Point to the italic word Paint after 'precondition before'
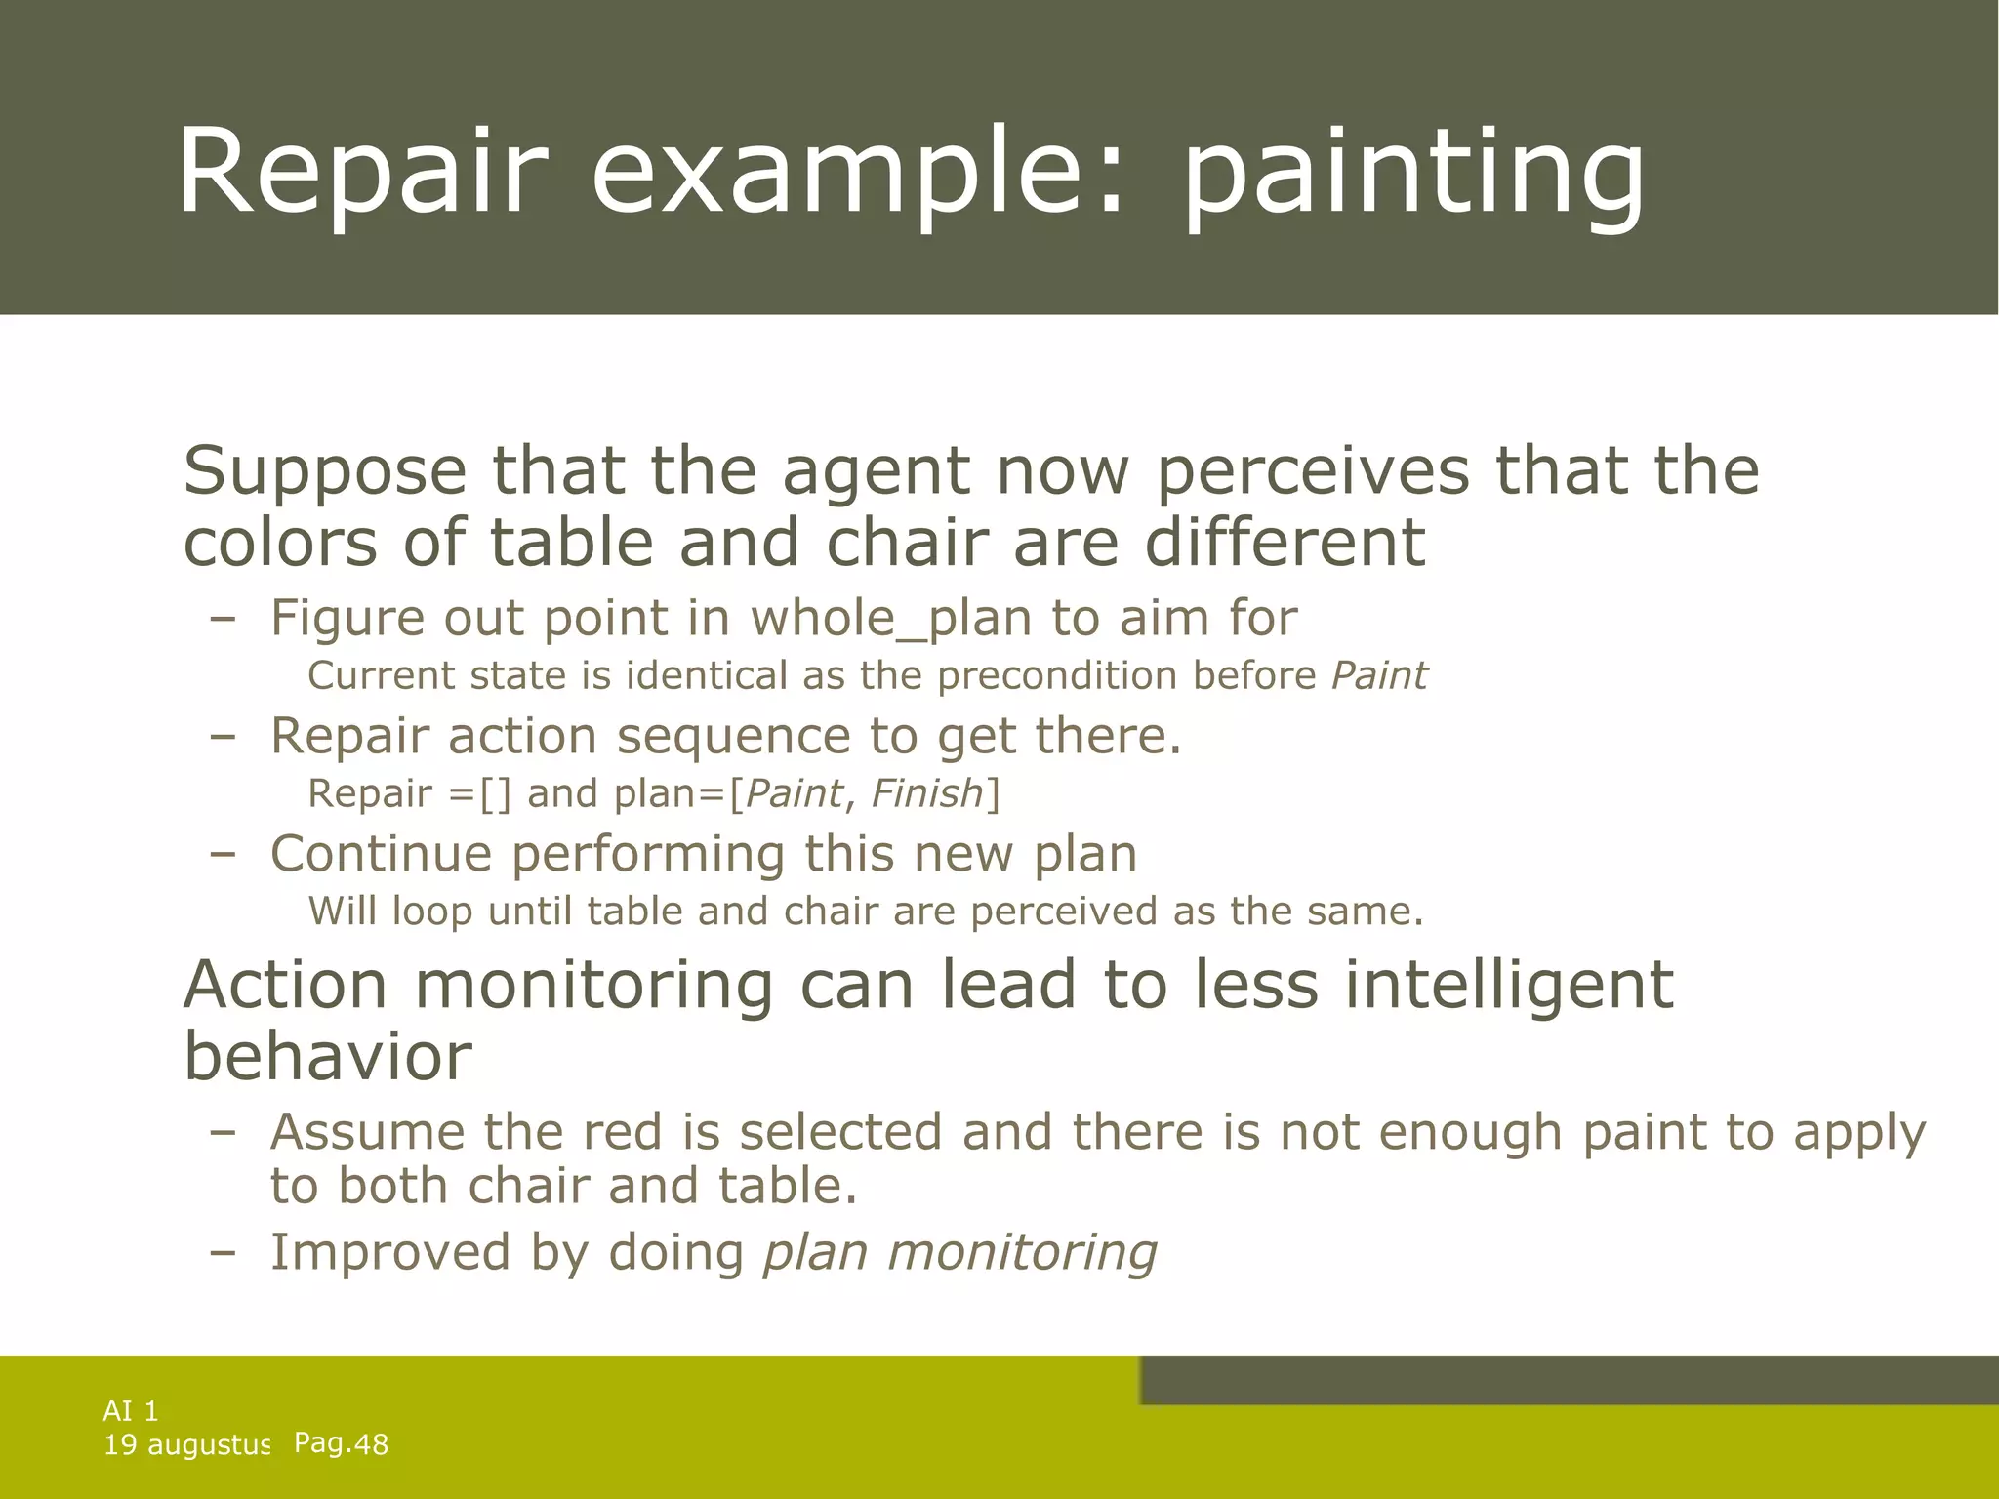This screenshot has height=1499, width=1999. [1378, 675]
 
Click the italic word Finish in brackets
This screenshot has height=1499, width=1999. [925, 793]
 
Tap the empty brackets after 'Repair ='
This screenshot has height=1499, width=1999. [495, 793]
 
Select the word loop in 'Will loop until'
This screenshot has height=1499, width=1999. [431, 912]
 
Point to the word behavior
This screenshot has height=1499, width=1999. [328, 1056]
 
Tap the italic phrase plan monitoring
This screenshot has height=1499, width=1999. [959, 1252]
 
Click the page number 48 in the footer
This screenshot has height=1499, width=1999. [371, 1445]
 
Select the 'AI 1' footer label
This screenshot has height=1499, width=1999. [130, 1411]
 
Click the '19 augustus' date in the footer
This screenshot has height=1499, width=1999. [185, 1445]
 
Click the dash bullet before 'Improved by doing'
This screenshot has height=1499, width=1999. [223, 1253]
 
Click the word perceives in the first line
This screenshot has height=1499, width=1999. [1312, 472]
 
